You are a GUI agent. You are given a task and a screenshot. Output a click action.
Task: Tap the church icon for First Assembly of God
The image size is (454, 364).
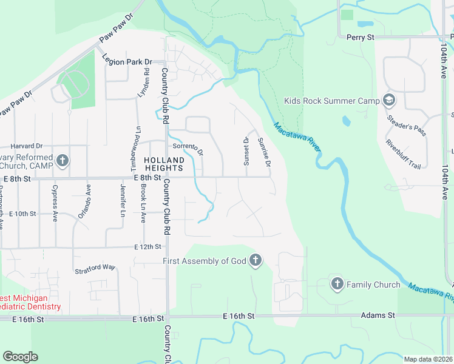coord(256,261)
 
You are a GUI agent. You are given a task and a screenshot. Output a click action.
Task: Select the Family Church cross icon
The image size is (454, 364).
coord(337,284)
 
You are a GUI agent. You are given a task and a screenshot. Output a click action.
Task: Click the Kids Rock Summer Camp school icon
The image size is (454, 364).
coord(389,101)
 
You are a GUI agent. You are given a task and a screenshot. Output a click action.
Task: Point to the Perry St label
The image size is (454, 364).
coord(361,37)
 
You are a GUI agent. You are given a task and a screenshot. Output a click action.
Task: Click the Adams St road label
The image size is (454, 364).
coord(378,315)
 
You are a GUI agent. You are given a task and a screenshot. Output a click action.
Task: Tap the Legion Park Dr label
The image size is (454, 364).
coord(126,61)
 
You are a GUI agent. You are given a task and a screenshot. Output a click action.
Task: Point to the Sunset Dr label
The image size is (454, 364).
coord(246,149)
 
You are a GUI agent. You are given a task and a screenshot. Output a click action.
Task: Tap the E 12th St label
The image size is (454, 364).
coord(148,247)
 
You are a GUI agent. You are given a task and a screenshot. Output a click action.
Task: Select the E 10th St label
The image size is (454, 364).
coord(23,214)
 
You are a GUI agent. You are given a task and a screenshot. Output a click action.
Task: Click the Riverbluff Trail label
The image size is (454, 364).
coord(403,154)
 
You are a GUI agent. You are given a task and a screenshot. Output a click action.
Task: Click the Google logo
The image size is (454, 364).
coord(20,357)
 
